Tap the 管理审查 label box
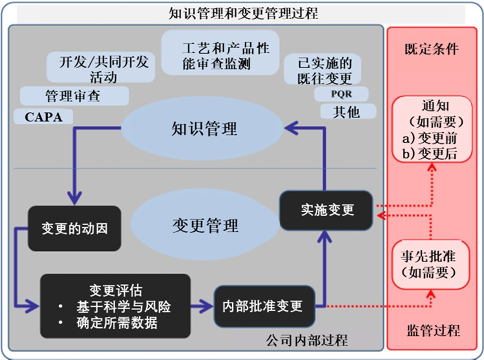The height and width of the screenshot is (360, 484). (x=73, y=96)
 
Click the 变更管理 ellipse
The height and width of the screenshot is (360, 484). (x=205, y=226)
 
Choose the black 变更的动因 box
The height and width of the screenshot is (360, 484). (x=74, y=229)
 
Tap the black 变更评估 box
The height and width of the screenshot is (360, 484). (x=115, y=306)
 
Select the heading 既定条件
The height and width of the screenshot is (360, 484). (x=431, y=49)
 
